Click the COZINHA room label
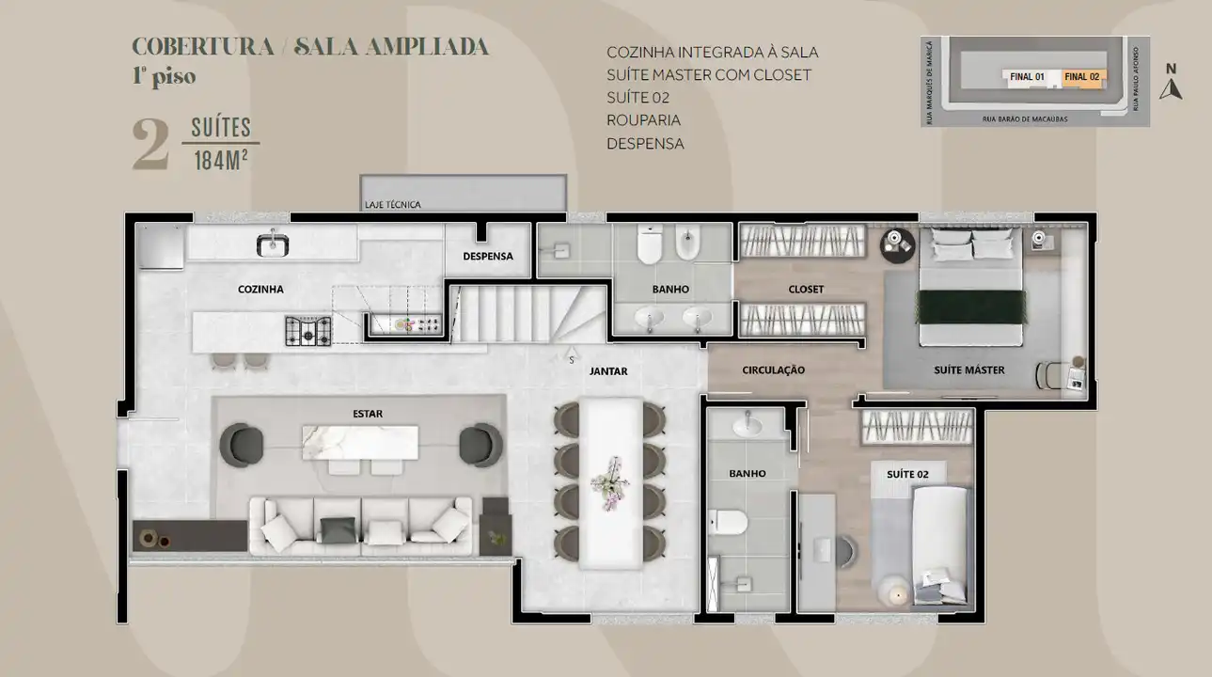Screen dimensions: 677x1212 click(x=260, y=290)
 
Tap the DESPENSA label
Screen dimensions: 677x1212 click(x=487, y=256)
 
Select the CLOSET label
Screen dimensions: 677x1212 click(x=806, y=289)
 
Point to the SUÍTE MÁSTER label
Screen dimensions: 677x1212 click(x=968, y=370)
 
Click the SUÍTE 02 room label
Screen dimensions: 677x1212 click(x=907, y=475)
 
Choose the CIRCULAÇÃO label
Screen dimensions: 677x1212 click(x=773, y=370)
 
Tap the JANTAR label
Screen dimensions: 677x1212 click(x=608, y=371)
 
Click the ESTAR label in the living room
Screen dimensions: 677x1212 click(x=368, y=413)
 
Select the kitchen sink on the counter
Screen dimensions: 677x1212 click(x=273, y=244)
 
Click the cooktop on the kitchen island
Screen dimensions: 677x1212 click(x=308, y=330)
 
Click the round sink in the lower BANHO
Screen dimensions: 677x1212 click(x=748, y=426)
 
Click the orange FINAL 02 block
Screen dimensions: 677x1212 click(x=1083, y=77)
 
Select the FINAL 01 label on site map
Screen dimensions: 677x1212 click(x=1027, y=77)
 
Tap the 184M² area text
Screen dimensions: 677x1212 click(x=220, y=160)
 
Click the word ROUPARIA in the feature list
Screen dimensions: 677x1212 click(x=643, y=120)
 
